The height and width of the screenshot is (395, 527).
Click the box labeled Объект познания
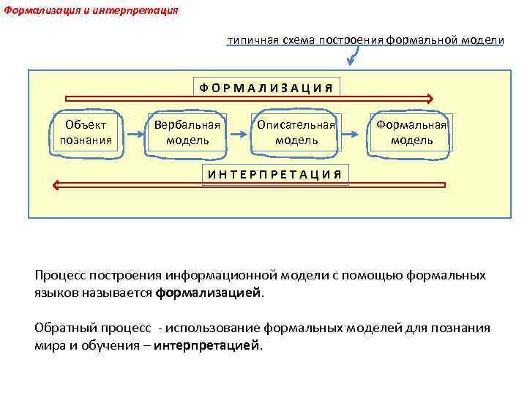tap(86, 133)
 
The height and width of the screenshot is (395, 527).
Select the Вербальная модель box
tap(187, 133)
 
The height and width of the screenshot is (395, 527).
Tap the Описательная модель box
tap(296, 133)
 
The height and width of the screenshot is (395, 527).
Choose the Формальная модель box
tap(411, 133)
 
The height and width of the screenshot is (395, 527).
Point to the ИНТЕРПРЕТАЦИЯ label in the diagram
tap(274, 174)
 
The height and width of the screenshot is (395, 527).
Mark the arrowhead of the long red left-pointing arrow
tap(55, 185)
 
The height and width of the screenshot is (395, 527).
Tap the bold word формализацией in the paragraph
tap(208, 293)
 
